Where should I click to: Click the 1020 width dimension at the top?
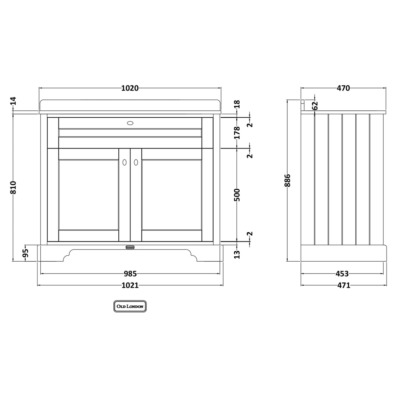(130, 88)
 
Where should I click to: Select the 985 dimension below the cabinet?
(130, 273)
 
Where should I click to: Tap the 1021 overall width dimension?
(130, 285)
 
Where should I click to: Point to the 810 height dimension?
(13, 187)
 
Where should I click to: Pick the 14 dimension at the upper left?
(13, 101)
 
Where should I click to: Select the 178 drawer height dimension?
(238, 132)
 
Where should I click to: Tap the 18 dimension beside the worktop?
(238, 104)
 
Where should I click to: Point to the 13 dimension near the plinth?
(238, 254)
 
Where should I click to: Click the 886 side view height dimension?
(288, 180)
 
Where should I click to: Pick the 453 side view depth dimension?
(342, 273)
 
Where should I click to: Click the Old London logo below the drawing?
(130, 306)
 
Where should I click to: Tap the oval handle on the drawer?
(130, 123)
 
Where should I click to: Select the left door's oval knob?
(124, 162)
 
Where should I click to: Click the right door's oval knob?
(136, 162)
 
